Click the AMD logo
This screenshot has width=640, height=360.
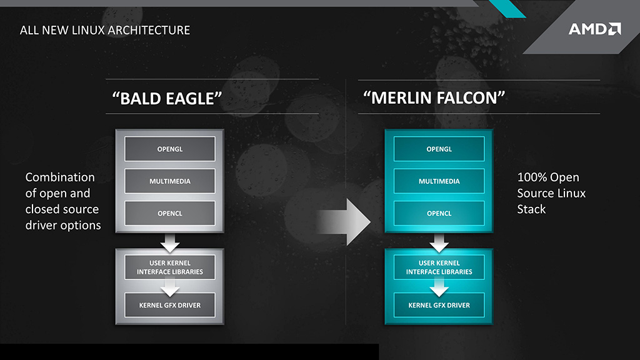pyautogui.click(x=594, y=29)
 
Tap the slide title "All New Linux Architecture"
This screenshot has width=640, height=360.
pyautogui.click(x=105, y=30)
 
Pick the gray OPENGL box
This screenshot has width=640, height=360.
pyautogui.click(x=170, y=149)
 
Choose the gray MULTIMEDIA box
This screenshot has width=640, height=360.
pyautogui.click(x=170, y=181)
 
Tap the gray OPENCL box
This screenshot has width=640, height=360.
pyautogui.click(x=170, y=214)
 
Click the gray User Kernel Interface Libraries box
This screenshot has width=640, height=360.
pyautogui.click(x=170, y=267)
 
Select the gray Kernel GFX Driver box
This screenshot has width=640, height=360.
pyautogui.click(x=170, y=305)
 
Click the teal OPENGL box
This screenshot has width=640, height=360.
pyautogui.click(x=439, y=149)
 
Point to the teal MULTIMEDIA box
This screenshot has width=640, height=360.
pyautogui.click(x=439, y=181)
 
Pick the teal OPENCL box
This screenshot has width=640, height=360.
pyautogui.click(x=439, y=214)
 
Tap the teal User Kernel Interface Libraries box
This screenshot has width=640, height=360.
pyautogui.click(x=439, y=267)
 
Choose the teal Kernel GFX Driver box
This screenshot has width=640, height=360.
pyautogui.click(x=439, y=305)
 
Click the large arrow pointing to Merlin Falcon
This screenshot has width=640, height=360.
pyautogui.click(x=343, y=220)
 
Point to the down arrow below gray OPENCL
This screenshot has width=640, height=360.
pyautogui.click(x=170, y=241)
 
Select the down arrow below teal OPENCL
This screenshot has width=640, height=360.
pyautogui.click(x=439, y=241)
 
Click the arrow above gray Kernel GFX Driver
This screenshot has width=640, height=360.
pyautogui.click(x=170, y=287)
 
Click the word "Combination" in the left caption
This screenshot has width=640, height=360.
pyautogui.click(x=60, y=177)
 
